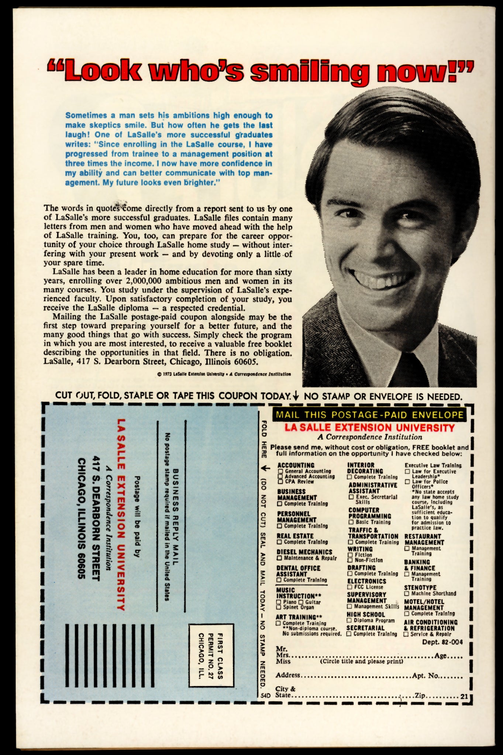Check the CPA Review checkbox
point(280,481)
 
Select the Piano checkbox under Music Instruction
point(279,602)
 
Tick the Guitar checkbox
point(301,602)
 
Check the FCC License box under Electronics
point(350,587)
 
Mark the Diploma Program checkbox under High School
point(349,620)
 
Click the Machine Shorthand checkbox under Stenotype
point(407,594)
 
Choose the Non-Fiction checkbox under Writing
point(350,560)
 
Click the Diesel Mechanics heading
point(304,552)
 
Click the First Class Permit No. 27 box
point(211,655)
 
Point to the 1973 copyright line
point(224,374)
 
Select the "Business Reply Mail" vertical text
point(176,516)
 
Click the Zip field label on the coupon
point(420,695)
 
